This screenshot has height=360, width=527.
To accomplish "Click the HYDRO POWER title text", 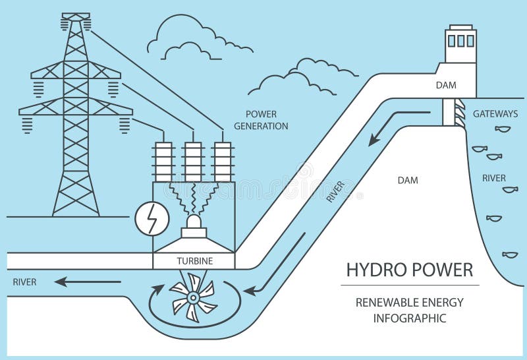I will pos(409,270).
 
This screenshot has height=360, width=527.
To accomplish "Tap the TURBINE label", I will pos(194,261).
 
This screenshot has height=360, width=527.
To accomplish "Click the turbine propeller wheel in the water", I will pos(192,299).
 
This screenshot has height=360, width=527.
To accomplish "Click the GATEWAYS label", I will pos(495,113).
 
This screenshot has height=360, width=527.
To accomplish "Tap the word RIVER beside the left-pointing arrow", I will pos(24,282).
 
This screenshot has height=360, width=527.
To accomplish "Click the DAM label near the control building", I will pos(445,85).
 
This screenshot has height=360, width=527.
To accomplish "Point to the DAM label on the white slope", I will pos(408,179).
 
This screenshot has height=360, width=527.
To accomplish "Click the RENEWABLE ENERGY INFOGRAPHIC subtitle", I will pos(409,310).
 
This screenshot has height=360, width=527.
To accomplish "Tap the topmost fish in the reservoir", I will pos(504,129).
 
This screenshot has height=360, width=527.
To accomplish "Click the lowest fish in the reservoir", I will pos(509,254).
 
